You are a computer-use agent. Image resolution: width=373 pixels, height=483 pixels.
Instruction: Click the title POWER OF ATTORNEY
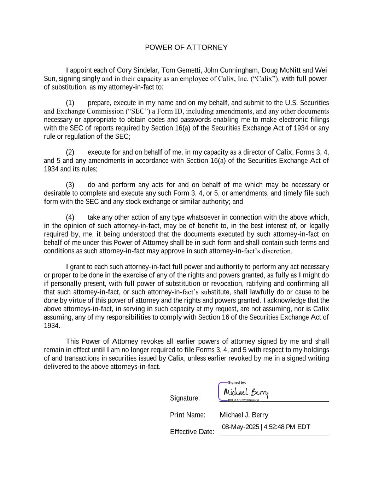pyautogui.click(x=186, y=47)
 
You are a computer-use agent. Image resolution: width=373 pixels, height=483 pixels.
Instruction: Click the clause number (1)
pyautogui.click(x=70, y=103)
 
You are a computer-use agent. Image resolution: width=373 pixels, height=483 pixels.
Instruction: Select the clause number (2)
pyautogui.click(x=70, y=153)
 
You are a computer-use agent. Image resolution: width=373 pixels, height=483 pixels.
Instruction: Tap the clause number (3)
pyautogui.click(x=70, y=185)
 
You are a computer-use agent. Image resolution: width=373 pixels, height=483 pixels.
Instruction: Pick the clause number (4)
pyautogui.click(x=70, y=218)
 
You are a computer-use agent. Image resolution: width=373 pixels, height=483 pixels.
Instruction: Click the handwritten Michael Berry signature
pyautogui.click(x=246, y=392)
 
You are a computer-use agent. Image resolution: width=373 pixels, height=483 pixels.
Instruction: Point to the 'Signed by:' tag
pyautogui.click(x=237, y=383)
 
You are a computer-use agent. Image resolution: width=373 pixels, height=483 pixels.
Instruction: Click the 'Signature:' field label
pyautogui.click(x=185, y=398)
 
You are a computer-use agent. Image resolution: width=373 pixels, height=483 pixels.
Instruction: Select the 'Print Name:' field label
pyautogui.click(x=188, y=415)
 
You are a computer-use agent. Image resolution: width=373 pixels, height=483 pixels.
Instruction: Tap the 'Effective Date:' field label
pyautogui.click(x=192, y=432)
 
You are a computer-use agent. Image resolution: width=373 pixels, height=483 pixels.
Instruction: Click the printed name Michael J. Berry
pyautogui.click(x=244, y=415)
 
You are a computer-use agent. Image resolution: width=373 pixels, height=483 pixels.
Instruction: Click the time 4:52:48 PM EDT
pyautogui.click(x=287, y=427)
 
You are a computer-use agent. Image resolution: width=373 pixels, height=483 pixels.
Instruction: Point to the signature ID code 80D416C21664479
pyautogui.click(x=243, y=400)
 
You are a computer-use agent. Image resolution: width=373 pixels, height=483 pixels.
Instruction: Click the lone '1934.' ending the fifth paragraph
pyautogui.click(x=52, y=326)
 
